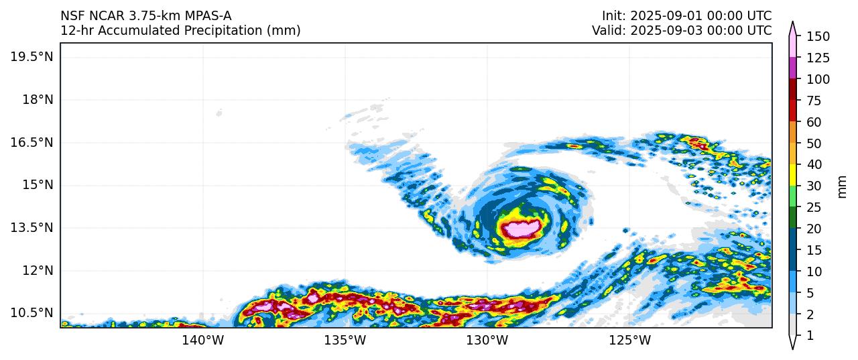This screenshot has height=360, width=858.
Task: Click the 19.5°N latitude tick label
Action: click(32, 56)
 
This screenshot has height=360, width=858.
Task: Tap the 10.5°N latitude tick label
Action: click(32, 313)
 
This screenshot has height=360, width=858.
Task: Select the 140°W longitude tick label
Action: click(203, 341)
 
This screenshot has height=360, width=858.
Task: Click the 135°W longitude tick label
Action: click(346, 341)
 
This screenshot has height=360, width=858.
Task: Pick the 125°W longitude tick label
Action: click(630, 341)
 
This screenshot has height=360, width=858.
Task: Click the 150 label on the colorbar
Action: click(818, 36)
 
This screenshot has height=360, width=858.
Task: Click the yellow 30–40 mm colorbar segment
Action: click(792, 175)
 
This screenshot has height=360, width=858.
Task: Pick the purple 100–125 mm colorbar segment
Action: click(792, 68)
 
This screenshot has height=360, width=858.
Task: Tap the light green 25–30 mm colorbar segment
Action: click(792, 196)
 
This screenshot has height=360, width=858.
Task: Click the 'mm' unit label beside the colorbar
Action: click(843, 186)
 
